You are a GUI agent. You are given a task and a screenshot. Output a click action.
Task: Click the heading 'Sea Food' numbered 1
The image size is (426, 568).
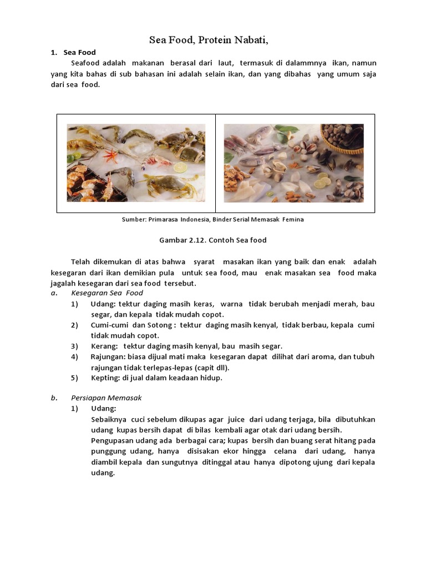pyautogui.click(x=79, y=53)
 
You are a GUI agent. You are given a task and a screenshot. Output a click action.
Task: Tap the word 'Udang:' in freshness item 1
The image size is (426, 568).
pyautogui.click(x=103, y=304)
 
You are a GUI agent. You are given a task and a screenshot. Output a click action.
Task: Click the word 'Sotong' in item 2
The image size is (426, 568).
pyautogui.click(x=158, y=325)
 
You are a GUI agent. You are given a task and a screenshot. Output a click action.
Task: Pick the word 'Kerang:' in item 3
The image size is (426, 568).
pyautogui.click(x=104, y=346)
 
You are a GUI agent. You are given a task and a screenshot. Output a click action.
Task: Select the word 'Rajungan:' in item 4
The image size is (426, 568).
pyautogui.click(x=107, y=357)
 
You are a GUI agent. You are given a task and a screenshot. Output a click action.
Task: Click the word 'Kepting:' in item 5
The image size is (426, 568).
pyautogui.click(x=105, y=378)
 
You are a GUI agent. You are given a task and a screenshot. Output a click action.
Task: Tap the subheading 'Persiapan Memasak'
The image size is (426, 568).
pyautogui.click(x=106, y=398)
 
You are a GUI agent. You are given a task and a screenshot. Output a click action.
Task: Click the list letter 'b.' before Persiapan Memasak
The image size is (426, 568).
pyautogui.click(x=54, y=398)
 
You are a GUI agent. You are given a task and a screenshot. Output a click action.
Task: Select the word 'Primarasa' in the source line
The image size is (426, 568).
pyautogui.click(x=165, y=220)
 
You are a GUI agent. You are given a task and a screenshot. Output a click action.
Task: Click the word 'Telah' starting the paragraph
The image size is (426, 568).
pyautogui.click(x=81, y=262)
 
